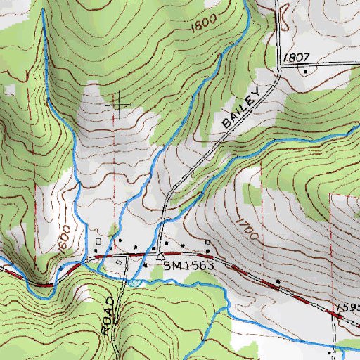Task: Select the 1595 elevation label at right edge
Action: pyautogui.click(x=347, y=308)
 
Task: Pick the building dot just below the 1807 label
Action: pyautogui.click(x=306, y=71)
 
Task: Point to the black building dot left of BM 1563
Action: pyautogui.click(x=146, y=265)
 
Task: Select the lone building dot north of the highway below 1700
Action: pyautogui.click(x=278, y=283)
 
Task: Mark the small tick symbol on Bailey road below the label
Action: pyautogui.click(x=191, y=171)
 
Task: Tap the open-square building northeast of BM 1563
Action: pyautogui.click(x=207, y=243)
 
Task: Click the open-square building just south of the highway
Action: pyautogui.click(x=119, y=262)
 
